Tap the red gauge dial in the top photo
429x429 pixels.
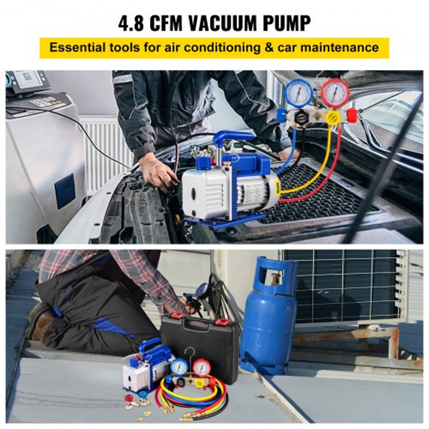pyautogui.click(x=335, y=92)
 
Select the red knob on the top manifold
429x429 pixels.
pyautogui.click(x=352, y=115)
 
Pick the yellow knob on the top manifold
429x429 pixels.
pyautogui.click(x=332, y=117)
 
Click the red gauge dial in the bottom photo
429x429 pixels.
pyautogui.click(x=202, y=367)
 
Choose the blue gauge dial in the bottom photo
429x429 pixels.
pyautogui.click(x=179, y=367)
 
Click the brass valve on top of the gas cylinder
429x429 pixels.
pyautogui.click(x=276, y=279)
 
